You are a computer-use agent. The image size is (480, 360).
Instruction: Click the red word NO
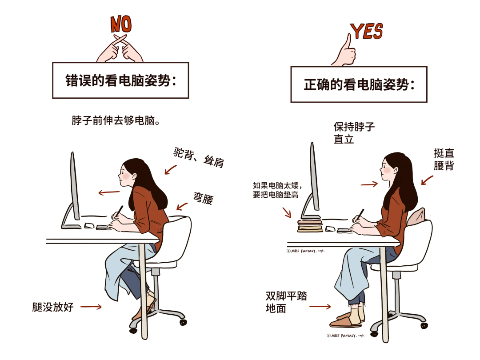click(121, 24)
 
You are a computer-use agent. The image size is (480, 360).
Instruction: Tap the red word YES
click(367, 31)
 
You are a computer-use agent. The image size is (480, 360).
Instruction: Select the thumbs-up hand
click(345, 52)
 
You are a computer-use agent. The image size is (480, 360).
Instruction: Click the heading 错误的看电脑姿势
click(120, 80)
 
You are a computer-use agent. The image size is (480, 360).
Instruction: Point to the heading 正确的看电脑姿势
click(359, 84)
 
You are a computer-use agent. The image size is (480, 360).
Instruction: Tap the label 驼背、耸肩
click(198, 157)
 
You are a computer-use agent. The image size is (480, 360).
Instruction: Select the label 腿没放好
click(53, 307)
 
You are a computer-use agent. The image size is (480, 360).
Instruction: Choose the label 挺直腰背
click(444, 159)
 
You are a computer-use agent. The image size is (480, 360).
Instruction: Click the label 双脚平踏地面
click(286, 302)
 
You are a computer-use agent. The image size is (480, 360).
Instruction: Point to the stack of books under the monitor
click(310, 226)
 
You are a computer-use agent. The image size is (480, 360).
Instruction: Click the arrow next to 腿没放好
click(91, 307)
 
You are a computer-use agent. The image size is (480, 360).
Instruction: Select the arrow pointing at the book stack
click(287, 212)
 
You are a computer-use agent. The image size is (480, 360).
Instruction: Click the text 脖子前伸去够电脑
click(116, 120)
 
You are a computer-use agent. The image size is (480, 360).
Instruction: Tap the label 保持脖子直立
click(354, 133)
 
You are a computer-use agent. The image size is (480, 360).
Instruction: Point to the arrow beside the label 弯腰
click(182, 206)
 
